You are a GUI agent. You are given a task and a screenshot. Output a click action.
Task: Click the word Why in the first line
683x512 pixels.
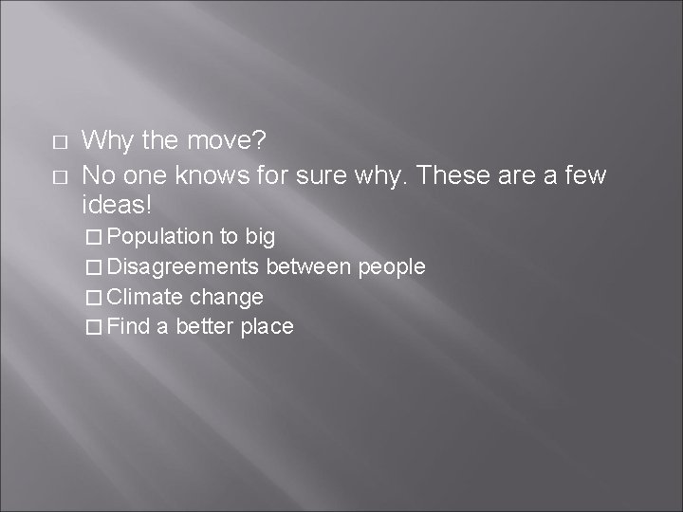pos(106,141)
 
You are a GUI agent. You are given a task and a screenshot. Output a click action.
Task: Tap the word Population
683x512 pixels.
pos(160,235)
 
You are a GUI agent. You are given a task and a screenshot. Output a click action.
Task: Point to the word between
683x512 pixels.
pos(308,266)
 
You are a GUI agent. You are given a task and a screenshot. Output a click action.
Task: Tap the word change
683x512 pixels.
pos(226,298)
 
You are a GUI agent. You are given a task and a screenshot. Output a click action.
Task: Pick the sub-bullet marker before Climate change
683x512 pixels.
pos(92,298)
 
